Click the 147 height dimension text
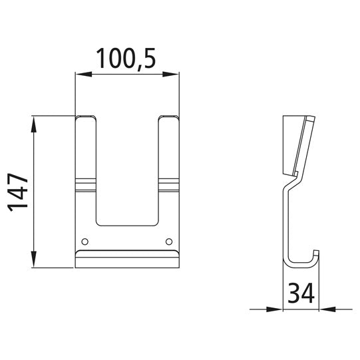coord(18,192)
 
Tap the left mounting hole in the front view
coord(84,240)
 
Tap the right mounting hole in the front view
coord(169,240)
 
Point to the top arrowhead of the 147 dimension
coord(33,122)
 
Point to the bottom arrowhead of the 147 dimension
coord(33,262)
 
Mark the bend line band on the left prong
coord(86,182)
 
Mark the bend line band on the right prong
coord(168,182)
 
